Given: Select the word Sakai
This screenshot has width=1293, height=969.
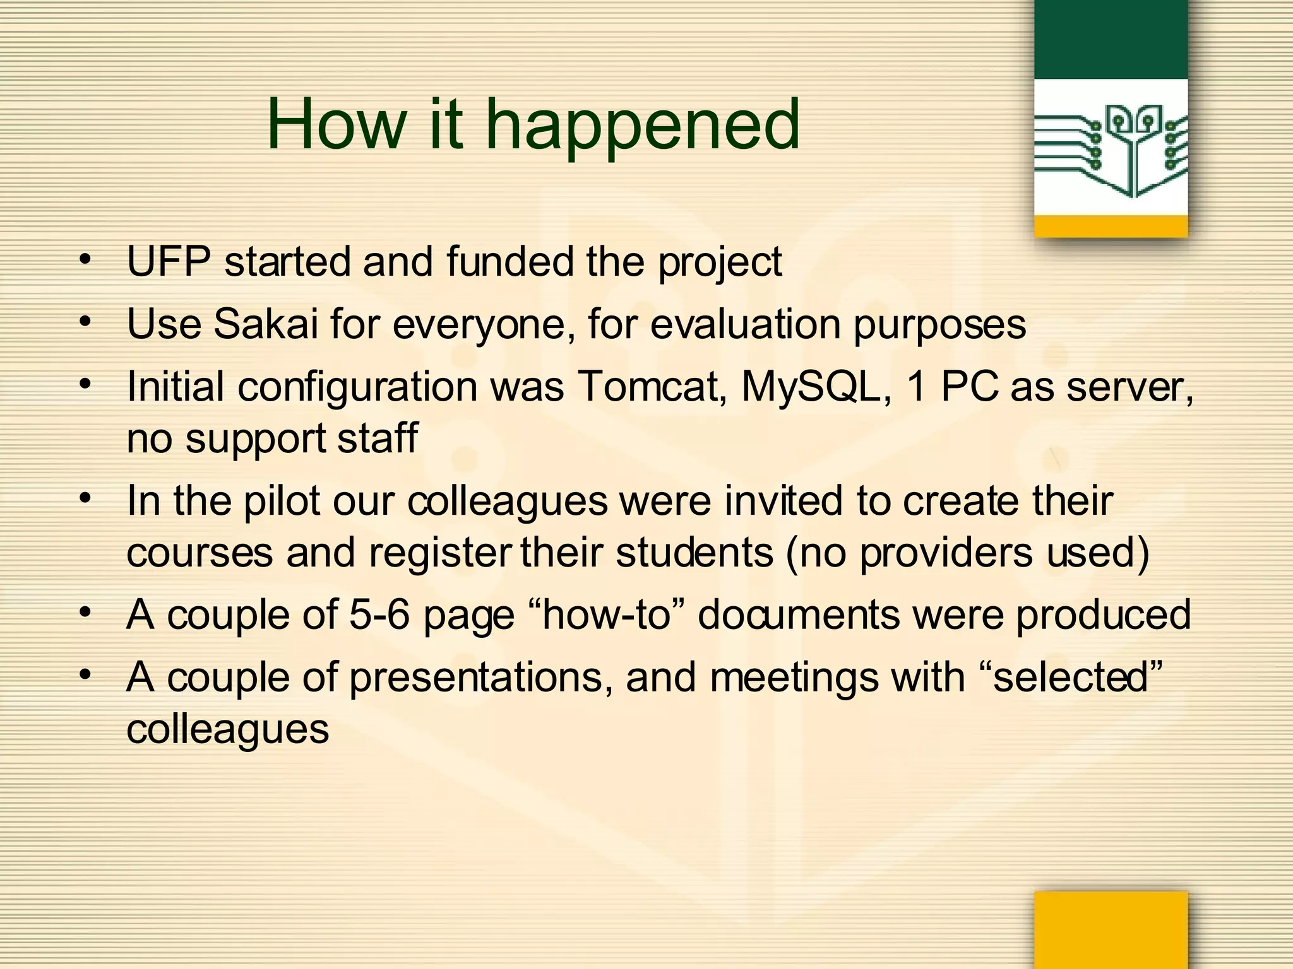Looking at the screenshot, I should (x=266, y=324).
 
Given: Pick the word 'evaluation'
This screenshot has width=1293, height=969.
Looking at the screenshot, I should (x=746, y=324).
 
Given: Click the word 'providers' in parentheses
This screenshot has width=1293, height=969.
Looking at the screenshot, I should (x=945, y=553).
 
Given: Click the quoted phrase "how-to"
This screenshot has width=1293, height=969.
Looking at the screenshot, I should (x=605, y=614).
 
